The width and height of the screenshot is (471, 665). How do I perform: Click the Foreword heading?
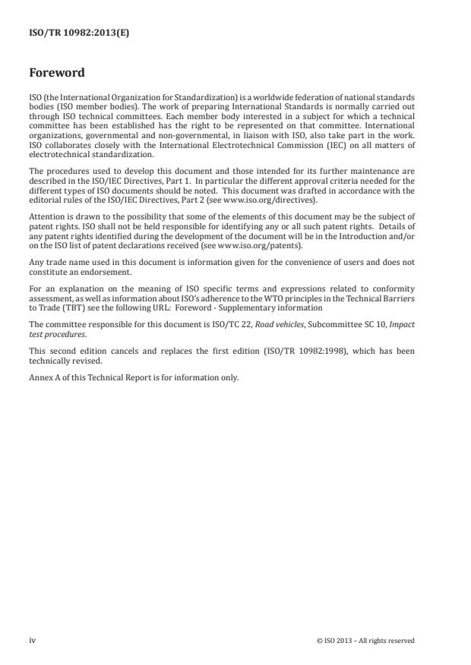tap(57, 74)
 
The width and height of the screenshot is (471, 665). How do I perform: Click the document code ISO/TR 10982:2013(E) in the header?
tap(69, 33)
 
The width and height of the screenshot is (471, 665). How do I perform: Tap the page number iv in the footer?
tap(32, 640)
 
